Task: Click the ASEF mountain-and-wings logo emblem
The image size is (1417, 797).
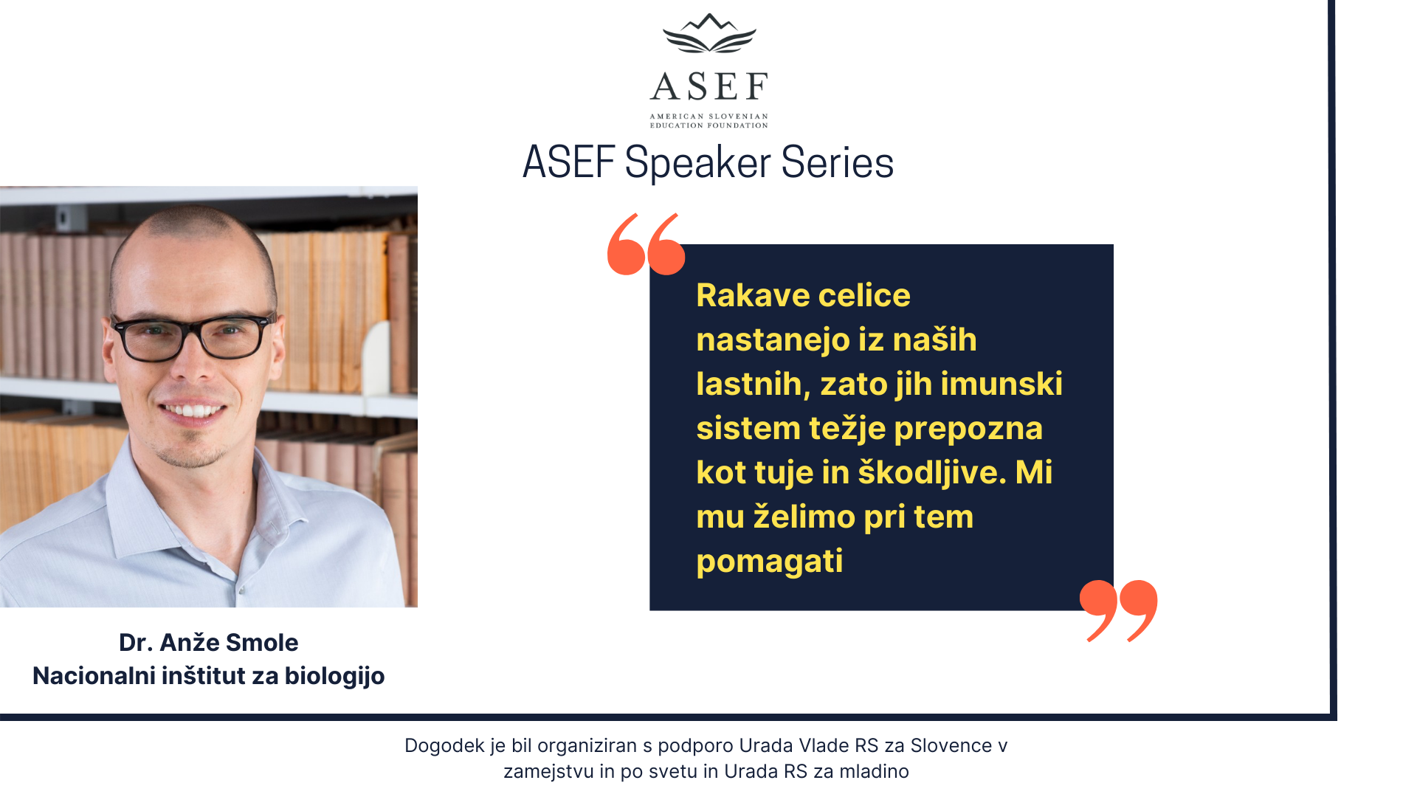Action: [x=709, y=33]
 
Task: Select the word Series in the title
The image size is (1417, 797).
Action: [x=838, y=162]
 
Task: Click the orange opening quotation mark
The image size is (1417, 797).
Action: [x=646, y=244]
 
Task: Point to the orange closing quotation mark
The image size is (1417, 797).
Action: [x=1118, y=610]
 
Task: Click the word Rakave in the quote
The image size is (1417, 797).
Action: [x=753, y=295]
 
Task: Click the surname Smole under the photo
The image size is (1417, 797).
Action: [x=262, y=643]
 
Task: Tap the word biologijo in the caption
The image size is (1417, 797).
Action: [x=335, y=677]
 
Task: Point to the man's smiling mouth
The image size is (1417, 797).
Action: [x=193, y=410]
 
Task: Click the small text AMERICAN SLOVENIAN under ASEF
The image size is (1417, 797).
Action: [x=709, y=117]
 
